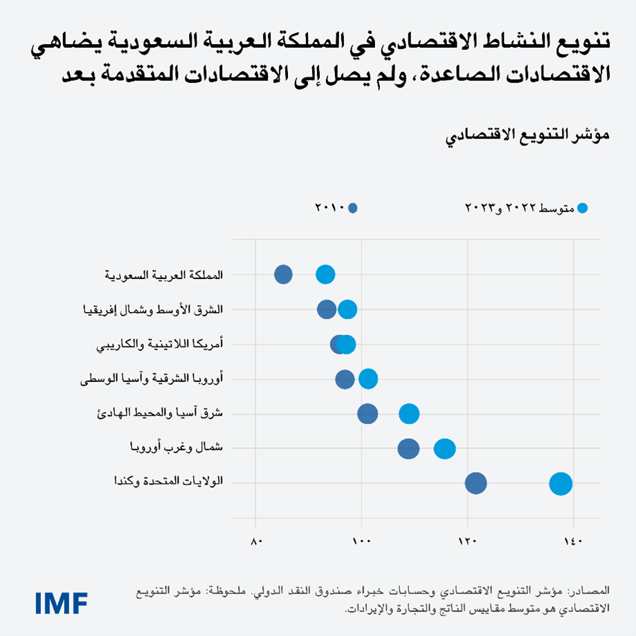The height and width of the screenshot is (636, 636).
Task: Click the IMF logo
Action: click(x=61, y=601)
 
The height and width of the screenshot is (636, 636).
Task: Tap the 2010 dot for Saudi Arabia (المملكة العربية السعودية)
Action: click(x=283, y=275)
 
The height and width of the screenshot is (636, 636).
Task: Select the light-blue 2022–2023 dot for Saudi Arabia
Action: click(x=325, y=275)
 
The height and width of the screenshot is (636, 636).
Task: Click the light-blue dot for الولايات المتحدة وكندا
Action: click(x=561, y=484)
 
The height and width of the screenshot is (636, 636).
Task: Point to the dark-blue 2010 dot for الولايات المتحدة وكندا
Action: click(x=476, y=484)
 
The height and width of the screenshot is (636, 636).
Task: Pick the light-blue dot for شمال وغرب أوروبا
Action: click(x=444, y=448)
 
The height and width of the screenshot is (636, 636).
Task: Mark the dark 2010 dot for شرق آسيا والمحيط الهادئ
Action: click(x=367, y=414)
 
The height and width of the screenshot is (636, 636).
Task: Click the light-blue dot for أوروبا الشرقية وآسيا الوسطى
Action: click(x=368, y=379)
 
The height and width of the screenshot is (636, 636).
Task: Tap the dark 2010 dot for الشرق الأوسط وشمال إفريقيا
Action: click(x=327, y=309)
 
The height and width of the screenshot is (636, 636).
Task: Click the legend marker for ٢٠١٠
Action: click(x=353, y=208)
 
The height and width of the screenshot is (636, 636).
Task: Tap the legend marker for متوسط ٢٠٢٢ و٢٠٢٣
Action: click(x=582, y=208)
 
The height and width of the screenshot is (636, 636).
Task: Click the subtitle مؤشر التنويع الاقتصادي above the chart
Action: click(x=527, y=135)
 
